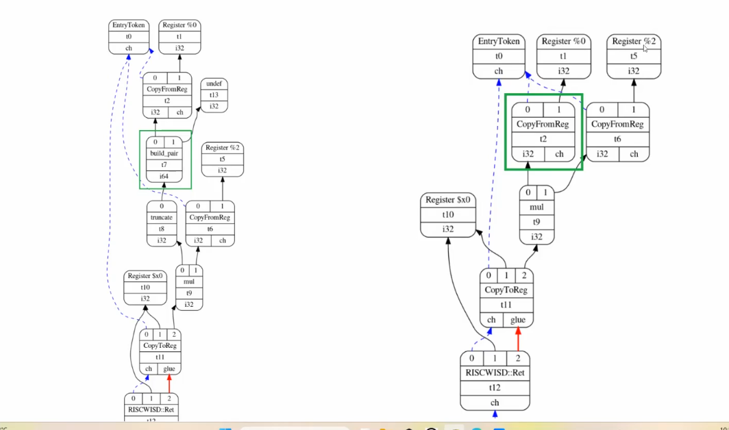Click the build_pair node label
(164, 153)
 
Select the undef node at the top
(214, 84)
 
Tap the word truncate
(162, 218)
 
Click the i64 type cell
(164, 177)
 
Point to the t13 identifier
(214, 95)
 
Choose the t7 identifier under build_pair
(164, 165)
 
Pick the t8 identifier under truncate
(162, 229)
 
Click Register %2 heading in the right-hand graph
(634, 42)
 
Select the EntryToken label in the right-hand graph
(498, 42)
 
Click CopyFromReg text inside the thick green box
(543, 124)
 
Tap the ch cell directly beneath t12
(495, 403)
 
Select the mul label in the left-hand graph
(188, 281)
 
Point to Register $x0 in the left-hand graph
(145, 276)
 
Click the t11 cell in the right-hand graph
(506, 305)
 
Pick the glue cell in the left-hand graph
(170, 368)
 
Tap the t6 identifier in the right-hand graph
(617, 139)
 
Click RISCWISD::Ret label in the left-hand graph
(151, 409)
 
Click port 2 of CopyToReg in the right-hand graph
(524, 276)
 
